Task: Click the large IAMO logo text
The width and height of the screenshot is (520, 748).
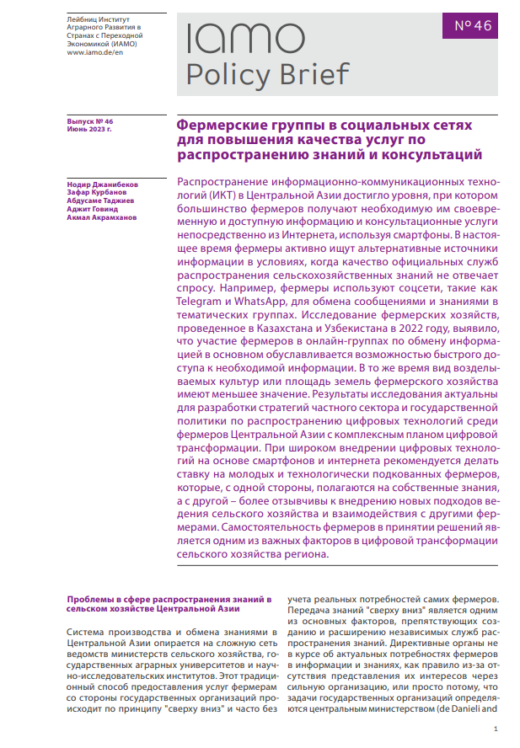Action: click(245, 39)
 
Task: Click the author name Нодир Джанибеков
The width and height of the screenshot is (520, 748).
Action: click(101, 184)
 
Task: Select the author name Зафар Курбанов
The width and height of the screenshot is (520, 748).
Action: click(94, 192)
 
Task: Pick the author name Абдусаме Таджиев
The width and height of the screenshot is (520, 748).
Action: click(100, 200)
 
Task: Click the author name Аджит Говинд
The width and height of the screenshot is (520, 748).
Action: click(89, 209)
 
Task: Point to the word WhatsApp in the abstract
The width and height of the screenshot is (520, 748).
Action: click(261, 302)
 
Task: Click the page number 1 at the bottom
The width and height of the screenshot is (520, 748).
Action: click(496, 729)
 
